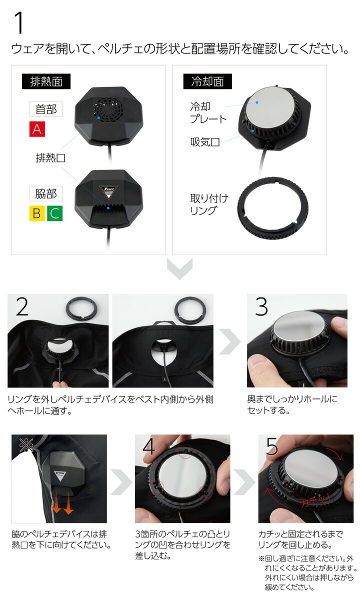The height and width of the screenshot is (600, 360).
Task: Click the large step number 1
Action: tap(18, 23)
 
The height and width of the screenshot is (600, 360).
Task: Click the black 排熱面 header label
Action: tap(45, 81)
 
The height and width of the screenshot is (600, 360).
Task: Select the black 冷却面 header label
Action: tap(207, 81)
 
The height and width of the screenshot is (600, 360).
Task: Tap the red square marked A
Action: tap(36, 129)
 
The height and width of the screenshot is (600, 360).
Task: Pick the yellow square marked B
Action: tap(36, 213)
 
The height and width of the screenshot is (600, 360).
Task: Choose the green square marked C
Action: tap(55, 213)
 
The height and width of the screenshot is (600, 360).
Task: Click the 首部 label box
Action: tap(45, 109)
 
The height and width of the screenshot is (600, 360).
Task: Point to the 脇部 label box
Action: tap(45, 193)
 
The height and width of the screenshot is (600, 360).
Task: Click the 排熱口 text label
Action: tap(50, 158)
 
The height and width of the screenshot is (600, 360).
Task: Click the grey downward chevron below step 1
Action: tap(179, 270)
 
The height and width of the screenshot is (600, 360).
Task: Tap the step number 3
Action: tap(261, 308)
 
